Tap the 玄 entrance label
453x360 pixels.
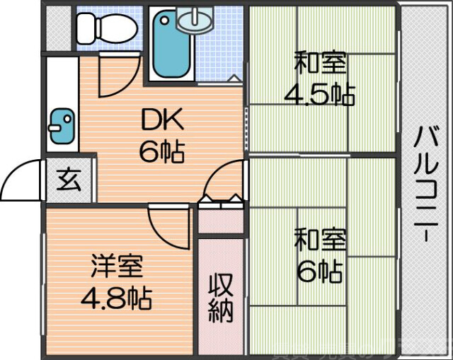68,182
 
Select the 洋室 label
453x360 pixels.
116,267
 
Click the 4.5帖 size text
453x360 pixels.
320,93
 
